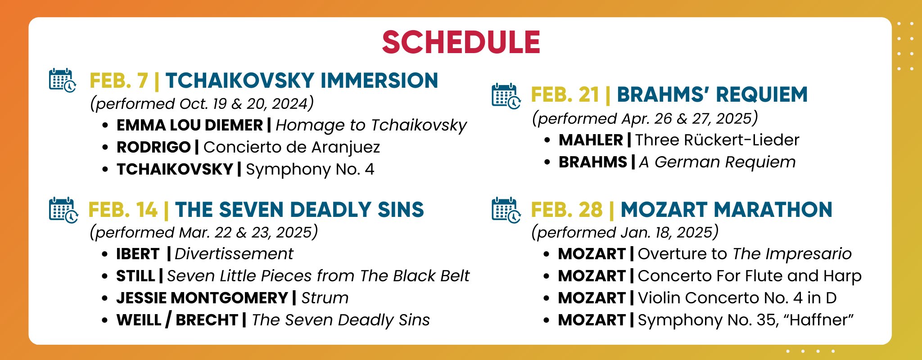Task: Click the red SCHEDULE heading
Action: tap(461, 42)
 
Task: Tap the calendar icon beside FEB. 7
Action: tap(63, 81)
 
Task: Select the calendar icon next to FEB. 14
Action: tap(63, 210)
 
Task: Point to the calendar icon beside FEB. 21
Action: tap(506, 96)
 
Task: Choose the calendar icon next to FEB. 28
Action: tap(506, 210)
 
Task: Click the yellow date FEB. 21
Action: tap(565, 95)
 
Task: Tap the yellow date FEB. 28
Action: tap(567, 210)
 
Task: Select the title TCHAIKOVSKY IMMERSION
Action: tap(302, 81)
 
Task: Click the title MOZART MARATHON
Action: tap(726, 210)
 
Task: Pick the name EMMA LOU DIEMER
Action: tap(190, 125)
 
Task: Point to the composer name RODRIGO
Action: tap(154, 147)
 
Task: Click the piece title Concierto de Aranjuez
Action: tap(292, 147)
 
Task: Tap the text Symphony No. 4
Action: tap(310, 169)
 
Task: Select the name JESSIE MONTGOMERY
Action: tap(202, 298)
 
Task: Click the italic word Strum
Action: tap(325, 298)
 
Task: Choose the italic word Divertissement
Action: tap(234, 254)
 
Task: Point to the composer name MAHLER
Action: tap(591, 140)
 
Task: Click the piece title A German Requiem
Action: tap(717, 162)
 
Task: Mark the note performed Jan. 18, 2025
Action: tap(625, 232)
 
